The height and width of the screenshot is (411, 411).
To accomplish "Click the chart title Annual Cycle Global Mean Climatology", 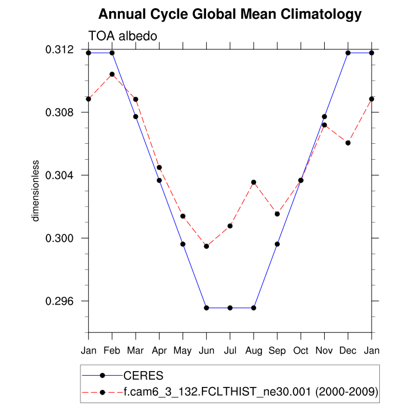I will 230,14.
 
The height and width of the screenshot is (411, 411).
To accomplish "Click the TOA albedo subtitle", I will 122,36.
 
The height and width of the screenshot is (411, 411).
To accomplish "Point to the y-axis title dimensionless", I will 36,190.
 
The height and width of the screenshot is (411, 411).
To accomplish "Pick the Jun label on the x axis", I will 206,351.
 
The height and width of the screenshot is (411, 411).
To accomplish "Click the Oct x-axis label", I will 301,351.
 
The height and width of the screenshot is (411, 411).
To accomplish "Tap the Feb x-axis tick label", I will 112,351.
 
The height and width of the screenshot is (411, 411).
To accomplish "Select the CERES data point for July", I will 230,308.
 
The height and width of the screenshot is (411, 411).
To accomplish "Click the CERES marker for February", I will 112,53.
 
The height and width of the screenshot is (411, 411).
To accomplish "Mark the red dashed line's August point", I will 254,182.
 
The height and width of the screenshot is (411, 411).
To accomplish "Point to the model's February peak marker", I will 112,75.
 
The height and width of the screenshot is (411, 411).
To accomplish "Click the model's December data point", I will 348,143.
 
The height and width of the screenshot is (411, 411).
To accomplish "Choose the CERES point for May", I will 183,244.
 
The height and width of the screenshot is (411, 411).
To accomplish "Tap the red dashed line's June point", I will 206,246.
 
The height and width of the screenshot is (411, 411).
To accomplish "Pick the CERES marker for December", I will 348,53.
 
